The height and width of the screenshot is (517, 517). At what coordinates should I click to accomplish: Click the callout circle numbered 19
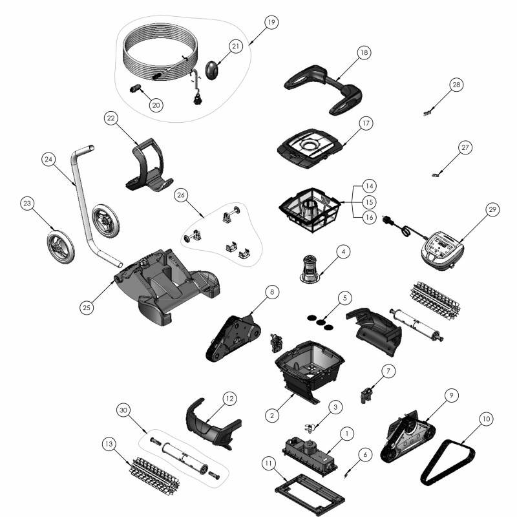click(x=271, y=22)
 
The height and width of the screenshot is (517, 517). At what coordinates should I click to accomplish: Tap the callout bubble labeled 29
click(x=492, y=209)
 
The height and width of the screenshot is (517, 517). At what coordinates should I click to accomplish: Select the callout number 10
click(x=487, y=419)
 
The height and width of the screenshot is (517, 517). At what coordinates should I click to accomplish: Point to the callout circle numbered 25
click(x=87, y=308)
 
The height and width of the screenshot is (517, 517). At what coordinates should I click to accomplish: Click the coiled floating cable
click(x=160, y=53)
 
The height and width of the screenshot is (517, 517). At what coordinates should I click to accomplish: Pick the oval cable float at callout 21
click(x=212, y=70)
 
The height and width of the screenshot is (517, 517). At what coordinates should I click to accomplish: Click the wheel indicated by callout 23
click(x=61, y=248)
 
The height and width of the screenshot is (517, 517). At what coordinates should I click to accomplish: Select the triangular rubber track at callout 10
click(x=448, y=463)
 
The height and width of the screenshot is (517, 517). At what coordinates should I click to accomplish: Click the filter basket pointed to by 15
click(x=310, y=209)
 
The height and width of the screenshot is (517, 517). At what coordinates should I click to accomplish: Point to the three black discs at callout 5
click(x=320, y=322)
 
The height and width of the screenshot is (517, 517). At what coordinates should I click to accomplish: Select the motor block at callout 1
click(x=310, y=454)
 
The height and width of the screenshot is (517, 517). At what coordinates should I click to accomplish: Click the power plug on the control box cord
click(x=385, y=219)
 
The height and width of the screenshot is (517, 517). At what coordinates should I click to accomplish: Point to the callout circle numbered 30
click(x=123, y=410)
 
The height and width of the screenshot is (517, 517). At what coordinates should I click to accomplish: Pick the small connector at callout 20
click(x=135, y=89)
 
